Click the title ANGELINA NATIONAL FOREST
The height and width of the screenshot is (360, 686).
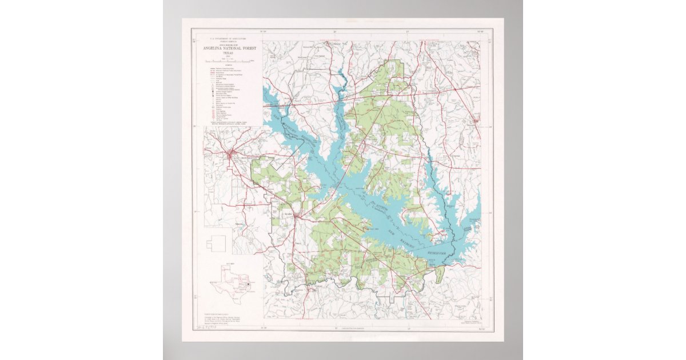(230, 49)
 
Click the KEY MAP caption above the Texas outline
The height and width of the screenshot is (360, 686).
(230, 263)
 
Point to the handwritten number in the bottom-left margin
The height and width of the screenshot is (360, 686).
(198, 330)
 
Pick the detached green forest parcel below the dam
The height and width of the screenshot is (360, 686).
(439, 274)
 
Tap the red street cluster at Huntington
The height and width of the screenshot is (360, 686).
(230, 153)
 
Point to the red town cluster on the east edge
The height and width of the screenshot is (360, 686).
(475, 121)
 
